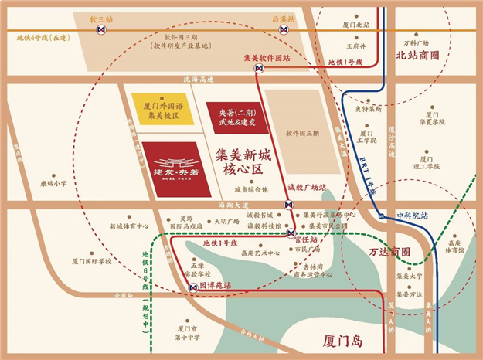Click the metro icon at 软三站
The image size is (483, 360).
point(100,31)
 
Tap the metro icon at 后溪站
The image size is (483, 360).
point(284,31)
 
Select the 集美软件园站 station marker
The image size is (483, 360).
point(260,69)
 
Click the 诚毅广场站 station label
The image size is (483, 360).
point(306,187)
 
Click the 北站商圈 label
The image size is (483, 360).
point(417,56)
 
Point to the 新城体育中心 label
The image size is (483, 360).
point(130,226)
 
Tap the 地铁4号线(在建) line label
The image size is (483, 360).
point(38,36)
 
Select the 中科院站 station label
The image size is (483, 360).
point(410,216)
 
